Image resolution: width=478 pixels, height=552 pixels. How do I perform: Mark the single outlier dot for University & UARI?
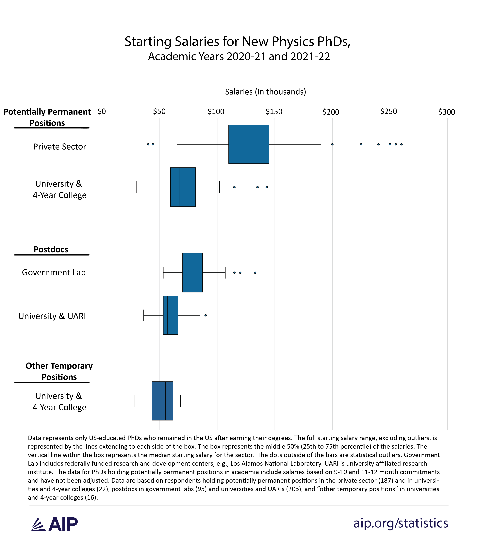click(206, 315)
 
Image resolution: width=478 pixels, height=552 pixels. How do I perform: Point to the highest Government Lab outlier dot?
click(255, 273)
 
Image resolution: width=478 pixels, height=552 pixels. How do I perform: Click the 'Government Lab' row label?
click(54, 272)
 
